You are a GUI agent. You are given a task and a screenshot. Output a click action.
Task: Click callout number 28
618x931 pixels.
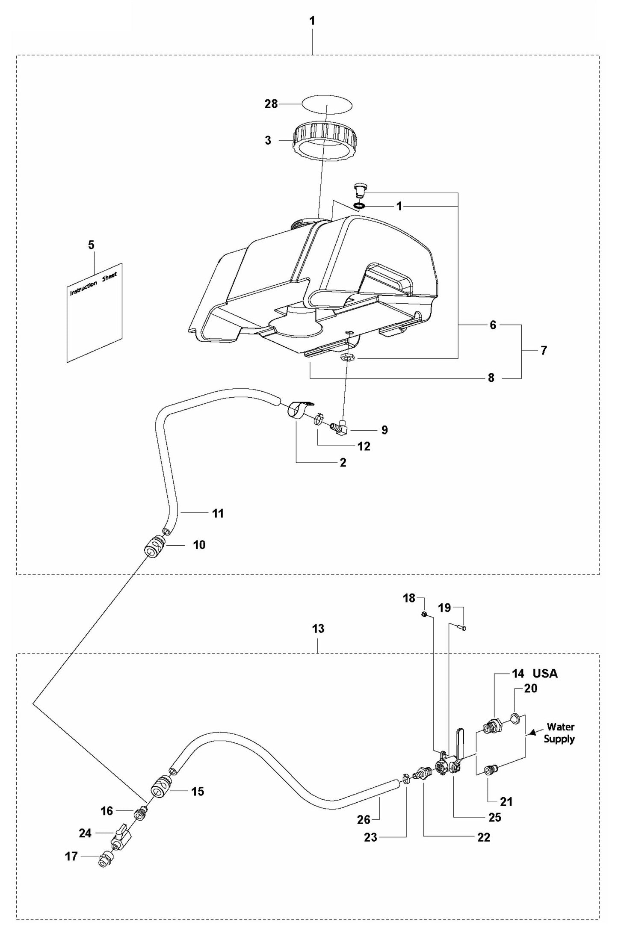point(271,104)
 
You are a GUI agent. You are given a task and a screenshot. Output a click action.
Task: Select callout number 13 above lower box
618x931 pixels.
point(318,629)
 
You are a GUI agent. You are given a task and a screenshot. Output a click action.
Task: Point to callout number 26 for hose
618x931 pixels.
point(364,819)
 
